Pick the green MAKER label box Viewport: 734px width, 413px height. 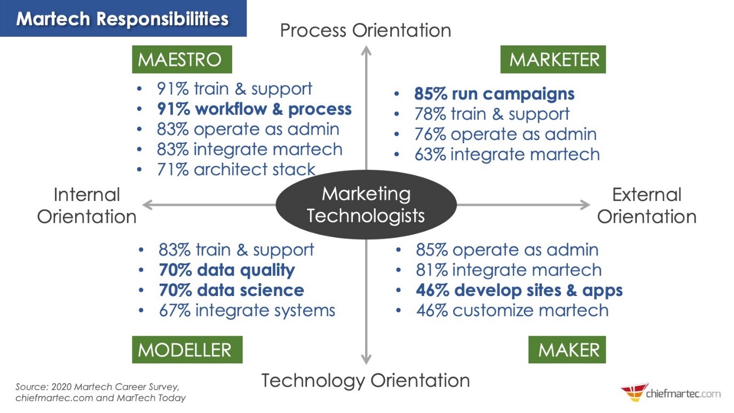point(567,350)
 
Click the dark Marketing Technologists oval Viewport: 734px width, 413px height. point(366,205)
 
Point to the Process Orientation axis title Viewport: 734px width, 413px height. point(366,30)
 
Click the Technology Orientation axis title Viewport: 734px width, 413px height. point(366,381)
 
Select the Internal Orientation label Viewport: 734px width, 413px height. point(87,206)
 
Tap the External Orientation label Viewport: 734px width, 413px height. point(646,206)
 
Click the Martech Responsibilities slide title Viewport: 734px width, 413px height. point(122,19)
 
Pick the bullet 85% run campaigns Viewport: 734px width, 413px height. point(494,94)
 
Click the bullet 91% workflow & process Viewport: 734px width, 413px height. point(254,109)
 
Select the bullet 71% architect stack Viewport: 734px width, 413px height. point(236,169)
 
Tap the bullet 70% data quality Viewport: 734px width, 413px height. point(226,270)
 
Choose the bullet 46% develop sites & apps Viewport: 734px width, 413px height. point(519,290)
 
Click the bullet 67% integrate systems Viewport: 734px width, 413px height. point(247,310)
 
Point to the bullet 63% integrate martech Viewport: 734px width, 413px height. point(507,154)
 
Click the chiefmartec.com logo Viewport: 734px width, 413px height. point(670,393)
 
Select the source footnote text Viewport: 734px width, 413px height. point(100,392)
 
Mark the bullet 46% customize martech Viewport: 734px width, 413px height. point(512,310)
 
